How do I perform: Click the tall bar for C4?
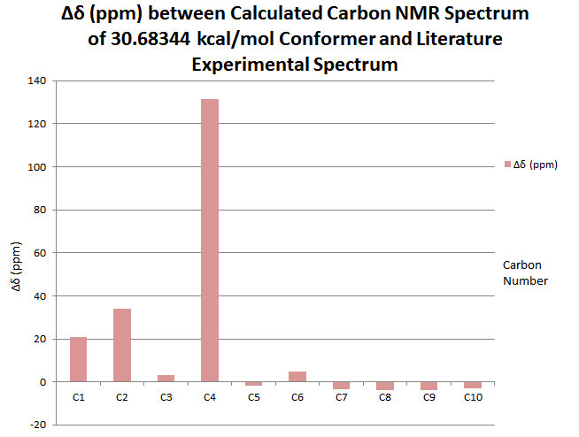point(210,240)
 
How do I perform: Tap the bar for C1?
point(79,359)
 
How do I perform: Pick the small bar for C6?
point(297,377)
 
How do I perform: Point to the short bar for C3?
point(166,379)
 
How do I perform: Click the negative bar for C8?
point(385,386)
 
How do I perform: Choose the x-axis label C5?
point(254,398)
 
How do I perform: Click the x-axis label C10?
point(473,398)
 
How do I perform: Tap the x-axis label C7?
point(342,398)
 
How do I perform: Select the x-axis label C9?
point(428,398)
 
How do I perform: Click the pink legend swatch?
point(507,165)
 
